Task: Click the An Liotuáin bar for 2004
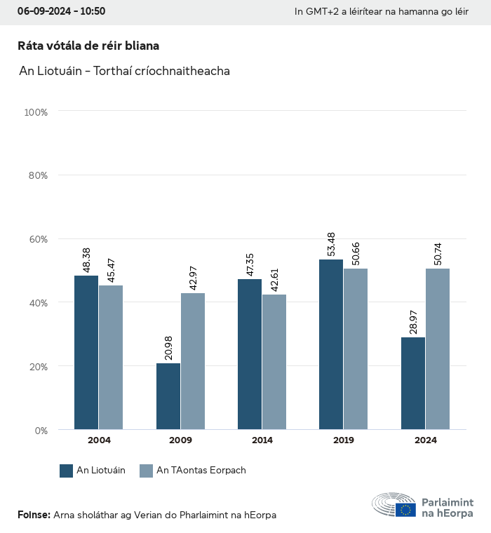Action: pyautogui.click(x=86, y=352)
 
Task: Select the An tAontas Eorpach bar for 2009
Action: pyautogui.click(x=193, y=361)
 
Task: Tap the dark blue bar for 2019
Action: pyautogui.click(x=331, y=344)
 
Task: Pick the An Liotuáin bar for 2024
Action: pyautogui.click(x=413, y=384)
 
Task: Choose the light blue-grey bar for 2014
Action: pyautogui.click(x=274, y=362)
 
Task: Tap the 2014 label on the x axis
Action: pyautogui.click(x=262, y=440)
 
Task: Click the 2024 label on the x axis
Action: pyautogui.click(x=425, y=440)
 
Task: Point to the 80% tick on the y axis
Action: pyautogui.click(x=36, y=175)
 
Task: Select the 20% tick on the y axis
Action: pyautogui.click(x=36, y=366)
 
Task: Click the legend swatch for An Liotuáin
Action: pyautogui.click(x=67, y=471)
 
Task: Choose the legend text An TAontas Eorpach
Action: pyautogui.click(x=201, y=471)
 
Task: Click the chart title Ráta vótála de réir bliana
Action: pyautogui.click(x=88, y=46)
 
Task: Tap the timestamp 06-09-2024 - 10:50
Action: pyautogui.click(x=61, y=11)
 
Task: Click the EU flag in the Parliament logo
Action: pyautogui.click(x=405, y=510)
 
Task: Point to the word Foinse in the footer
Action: pyautogui.click(x=33, y=515)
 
